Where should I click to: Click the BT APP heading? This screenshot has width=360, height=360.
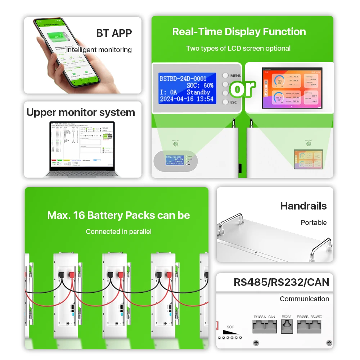pyautogui.click(x=114, y=33)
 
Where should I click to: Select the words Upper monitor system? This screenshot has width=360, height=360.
pyautogui.click(x=81, y=112)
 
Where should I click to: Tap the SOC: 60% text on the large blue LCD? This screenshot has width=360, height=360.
pyautogui.click(x=200, y=85)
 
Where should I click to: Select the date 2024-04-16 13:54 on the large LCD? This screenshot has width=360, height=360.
pyautogui.click(x=186, y=99)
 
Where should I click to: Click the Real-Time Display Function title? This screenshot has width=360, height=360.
pyautogui.click(x=239, y=32)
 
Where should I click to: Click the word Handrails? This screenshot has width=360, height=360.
pyautogui.click(x=303, y=206)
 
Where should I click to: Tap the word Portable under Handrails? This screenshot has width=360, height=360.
pyautogui.click(x=314, y=222)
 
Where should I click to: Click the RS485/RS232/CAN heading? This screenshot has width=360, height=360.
pyautogui.click(x=281, y=282)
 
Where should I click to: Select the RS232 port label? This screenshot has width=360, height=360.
pyautogui.click(x=286, y=317)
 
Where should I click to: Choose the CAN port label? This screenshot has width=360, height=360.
pyautogui.click(x=271, y=317)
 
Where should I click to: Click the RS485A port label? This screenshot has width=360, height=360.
pyautogui.click(x=260, y=317)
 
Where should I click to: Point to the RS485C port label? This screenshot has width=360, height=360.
pyautogui.click(x=316, y=317)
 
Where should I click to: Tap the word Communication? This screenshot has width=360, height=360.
pyautogui.click(x=304, y=299)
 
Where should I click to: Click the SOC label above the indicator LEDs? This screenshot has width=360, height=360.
pyautogui.click(x=230, y=327)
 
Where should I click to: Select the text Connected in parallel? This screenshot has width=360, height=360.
pyautogui.click(x=118, y=231)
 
